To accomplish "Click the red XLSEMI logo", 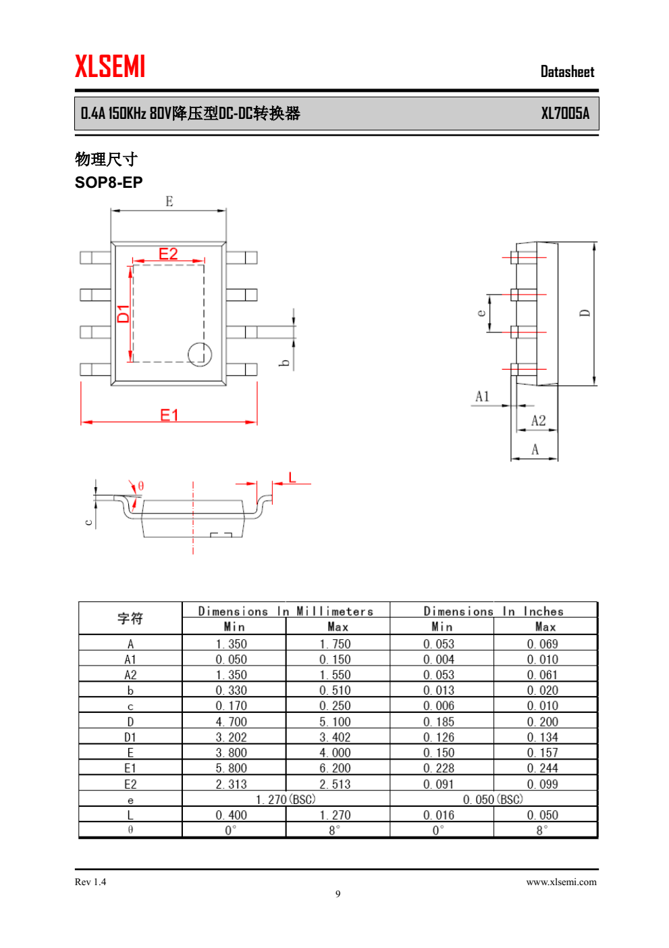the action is coord(110,66).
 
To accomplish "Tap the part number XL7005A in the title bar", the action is coord(565,114).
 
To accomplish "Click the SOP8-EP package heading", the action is coord(109,182).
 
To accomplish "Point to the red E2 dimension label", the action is coord(168,253).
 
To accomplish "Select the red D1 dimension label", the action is coord(123,313).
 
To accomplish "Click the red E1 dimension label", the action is coord(169,415).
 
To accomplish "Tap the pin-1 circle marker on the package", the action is coord(200,354).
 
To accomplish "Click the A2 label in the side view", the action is coord(538,420).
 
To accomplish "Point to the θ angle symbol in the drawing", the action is coord(141,486).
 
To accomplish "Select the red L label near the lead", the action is coord(292,478).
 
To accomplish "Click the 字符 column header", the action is coord(130,618).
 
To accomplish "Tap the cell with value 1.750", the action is coord(335,644).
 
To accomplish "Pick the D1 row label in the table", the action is coord(130,737).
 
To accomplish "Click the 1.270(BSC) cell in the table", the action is coord(286,799).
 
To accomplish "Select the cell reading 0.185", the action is coord(439,722).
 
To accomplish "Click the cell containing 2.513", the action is coord(335,784).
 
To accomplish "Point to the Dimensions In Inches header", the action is coord(493,611).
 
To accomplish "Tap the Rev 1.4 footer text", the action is coord(90,882).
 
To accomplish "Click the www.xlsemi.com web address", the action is coord(561,882).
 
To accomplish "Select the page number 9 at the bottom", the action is coord(338,894).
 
